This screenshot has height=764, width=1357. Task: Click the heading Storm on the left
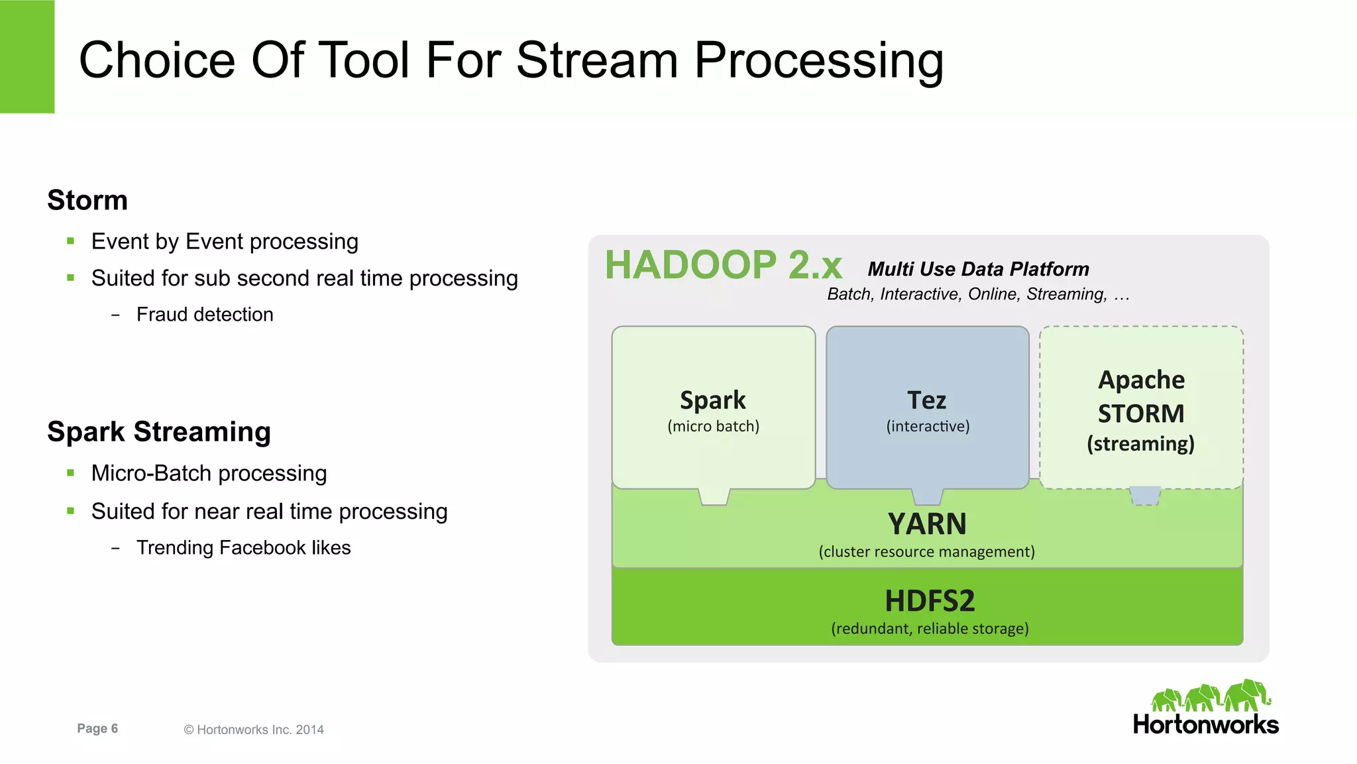(87, 200)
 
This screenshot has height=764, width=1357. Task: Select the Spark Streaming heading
(159, 431)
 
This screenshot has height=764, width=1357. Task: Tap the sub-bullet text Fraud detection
(205, 314)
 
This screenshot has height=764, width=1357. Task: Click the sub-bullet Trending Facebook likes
(243, 547)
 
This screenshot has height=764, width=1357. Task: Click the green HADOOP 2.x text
(723, 265)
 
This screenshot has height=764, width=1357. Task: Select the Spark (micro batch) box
(713, 408)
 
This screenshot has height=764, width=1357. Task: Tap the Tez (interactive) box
(927, 408)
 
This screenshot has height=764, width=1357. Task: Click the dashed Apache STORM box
(1140, 408)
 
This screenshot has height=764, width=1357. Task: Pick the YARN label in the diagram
(927, 523)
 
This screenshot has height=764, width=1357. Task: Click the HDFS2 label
(930, 600)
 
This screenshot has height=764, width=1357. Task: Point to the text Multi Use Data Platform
(978, 269)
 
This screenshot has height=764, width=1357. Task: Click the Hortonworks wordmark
(1205, 724)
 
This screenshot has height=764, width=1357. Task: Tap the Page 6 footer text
(97, 728)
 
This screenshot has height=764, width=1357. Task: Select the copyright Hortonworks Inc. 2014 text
(254, 730)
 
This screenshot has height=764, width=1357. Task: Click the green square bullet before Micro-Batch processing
(71, 473)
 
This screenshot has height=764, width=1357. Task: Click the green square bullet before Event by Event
(71, 241)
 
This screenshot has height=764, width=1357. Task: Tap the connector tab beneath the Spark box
(714, 496)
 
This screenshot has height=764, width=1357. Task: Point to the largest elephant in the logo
(1247, 695)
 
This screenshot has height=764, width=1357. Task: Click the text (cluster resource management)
(926, 551)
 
